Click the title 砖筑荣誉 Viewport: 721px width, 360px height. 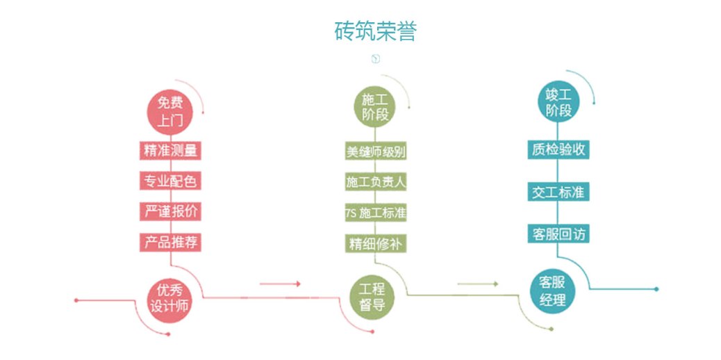[375, 31]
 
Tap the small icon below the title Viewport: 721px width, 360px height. [376, 59]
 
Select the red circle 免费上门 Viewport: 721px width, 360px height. [171, 113]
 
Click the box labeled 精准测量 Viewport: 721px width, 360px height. [171, 151]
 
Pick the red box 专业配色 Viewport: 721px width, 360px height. [171, 181]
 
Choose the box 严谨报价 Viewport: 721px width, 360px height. [171, 211]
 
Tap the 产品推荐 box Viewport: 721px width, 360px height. [171, 242]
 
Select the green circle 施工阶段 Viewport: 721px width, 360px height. [375, 107]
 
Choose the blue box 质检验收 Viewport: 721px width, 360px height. [558, 150]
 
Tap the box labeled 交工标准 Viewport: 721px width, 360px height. [558, 193]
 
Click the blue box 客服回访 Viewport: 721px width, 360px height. [558, 234]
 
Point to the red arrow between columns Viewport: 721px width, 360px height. [280, 284]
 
